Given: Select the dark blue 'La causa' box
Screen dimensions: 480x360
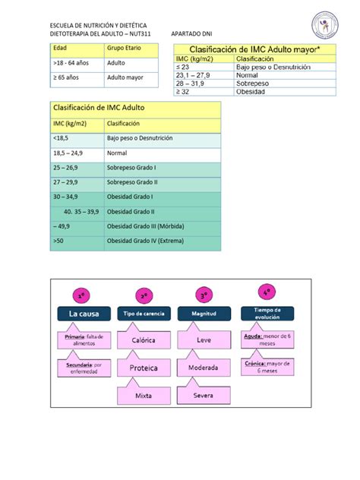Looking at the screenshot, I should (84, 313).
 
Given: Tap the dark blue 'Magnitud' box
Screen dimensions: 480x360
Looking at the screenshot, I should (204, 313).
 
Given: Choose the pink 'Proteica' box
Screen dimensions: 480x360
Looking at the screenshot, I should (144, 368).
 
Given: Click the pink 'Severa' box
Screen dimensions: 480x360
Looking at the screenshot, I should (203, 395).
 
